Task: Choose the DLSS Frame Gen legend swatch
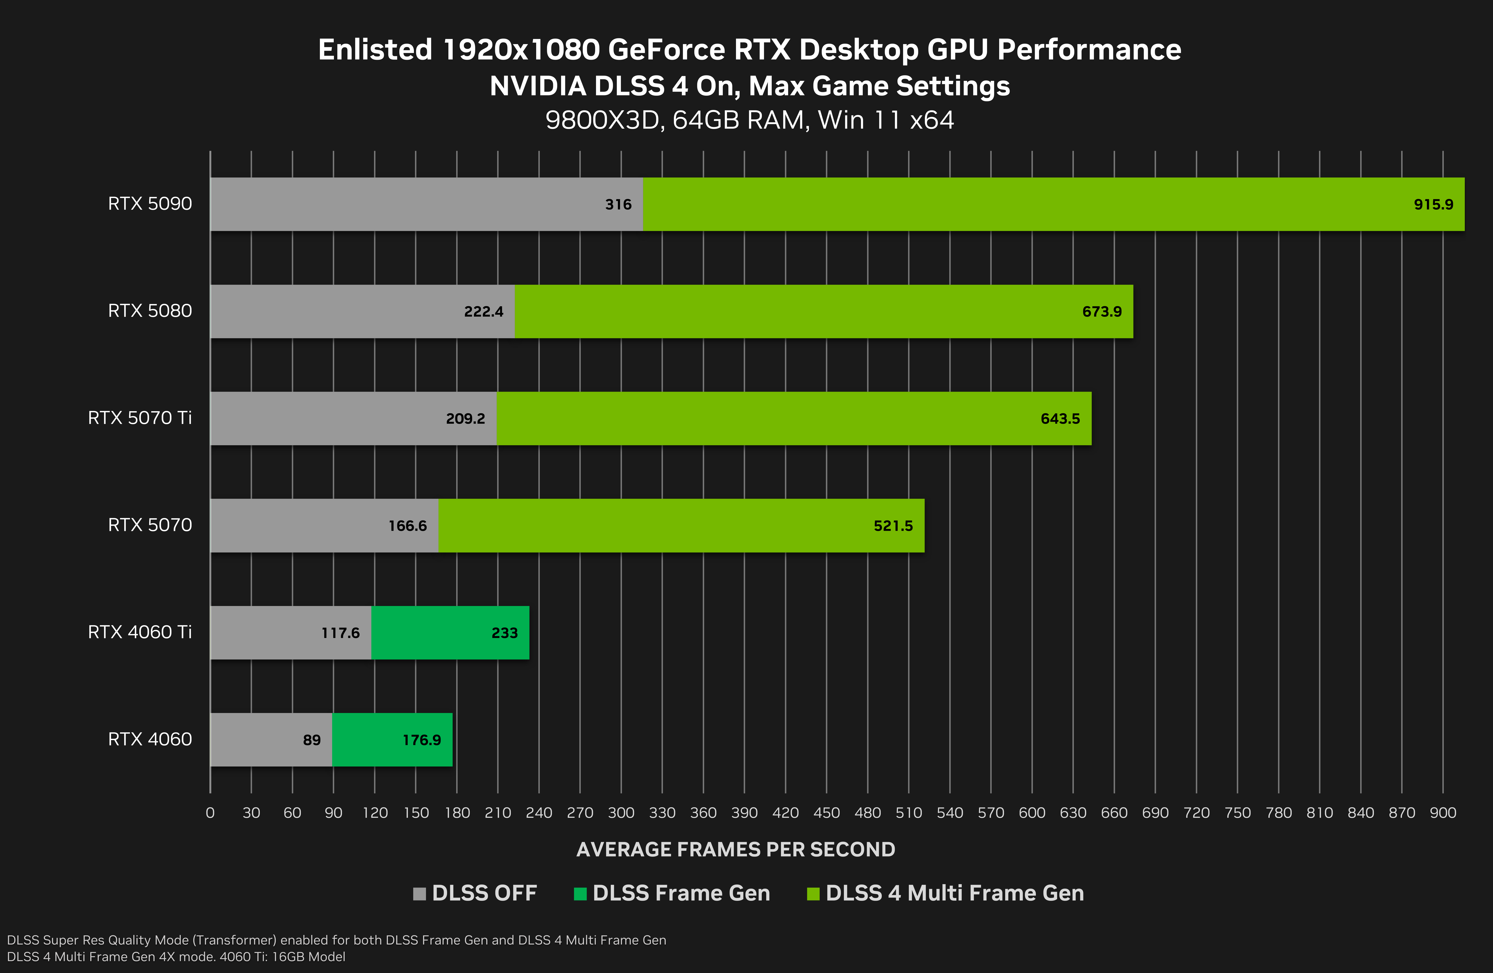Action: tap(580, 893)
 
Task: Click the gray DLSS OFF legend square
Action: tap(419, 893)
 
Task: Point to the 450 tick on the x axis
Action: tap(826, 813)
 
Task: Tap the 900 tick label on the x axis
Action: tap(1442, 813)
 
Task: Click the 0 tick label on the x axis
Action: tap(210, 813)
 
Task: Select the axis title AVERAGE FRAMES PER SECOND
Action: tap(735, 849)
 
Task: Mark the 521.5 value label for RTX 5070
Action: tap(893, 526)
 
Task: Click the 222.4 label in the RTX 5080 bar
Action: tap(483, 312)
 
